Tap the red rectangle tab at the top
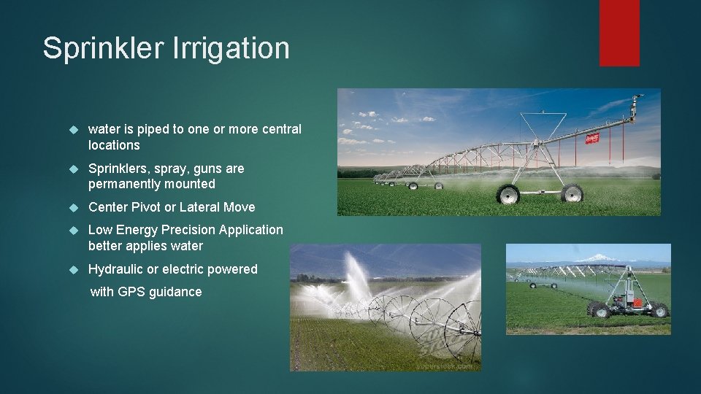tap(619, 33)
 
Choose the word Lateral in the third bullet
tap(199, 207)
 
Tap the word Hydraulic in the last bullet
tap(115, 269)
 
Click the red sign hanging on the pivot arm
tap(591, 137)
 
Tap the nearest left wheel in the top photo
tap(507, 194)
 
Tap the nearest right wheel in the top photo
tap(572, 194)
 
